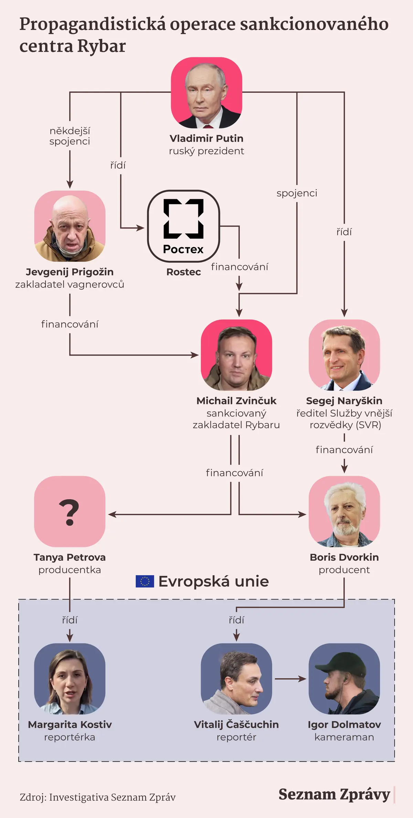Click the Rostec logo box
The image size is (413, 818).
click(x=183, y=226)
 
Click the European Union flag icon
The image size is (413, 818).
click(x=145, y=581)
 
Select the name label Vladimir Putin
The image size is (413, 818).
click(x=206, y=138)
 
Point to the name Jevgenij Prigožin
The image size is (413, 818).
click(x=70, y=272)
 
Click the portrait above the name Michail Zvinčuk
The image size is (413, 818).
click(x=236, y=355)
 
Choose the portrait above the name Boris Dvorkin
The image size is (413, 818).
click(x=344, y=511)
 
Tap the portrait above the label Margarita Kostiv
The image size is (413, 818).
click(x=70, y=679)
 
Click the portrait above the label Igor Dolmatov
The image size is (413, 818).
click(x=344, y=679)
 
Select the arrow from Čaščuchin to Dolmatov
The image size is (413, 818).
click(x=290, y=679)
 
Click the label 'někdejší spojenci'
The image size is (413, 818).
click(x=70, y=136)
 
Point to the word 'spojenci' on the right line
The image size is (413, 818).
click(x=297, y=193)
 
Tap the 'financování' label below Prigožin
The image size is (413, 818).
click(x=70, y=324)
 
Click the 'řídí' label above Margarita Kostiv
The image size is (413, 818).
click(x=70, y=620)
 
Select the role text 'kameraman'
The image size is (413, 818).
click(x=344, y=737)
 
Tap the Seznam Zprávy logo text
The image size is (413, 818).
click(x=335, y=794)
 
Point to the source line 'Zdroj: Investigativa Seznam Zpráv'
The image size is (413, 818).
click(x=98, y=797)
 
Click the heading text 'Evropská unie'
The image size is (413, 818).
click(x=214, y=581)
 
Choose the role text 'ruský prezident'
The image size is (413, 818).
click(x=206, y=151)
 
